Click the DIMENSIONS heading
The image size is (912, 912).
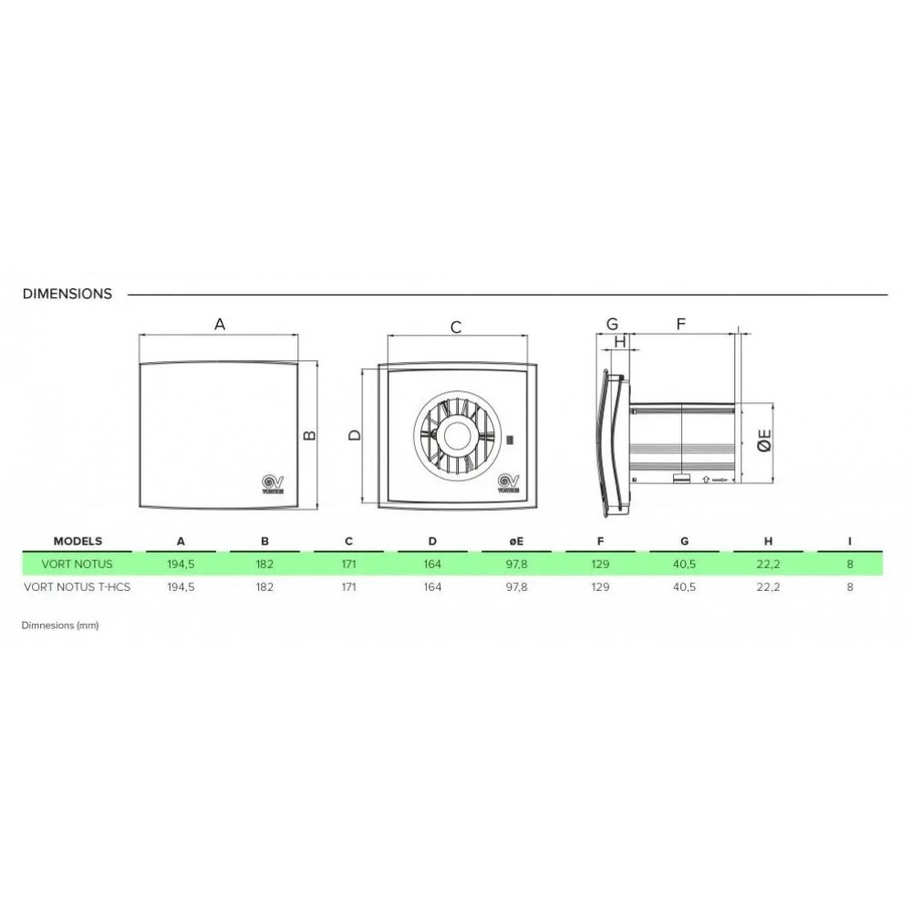tap(67, 294)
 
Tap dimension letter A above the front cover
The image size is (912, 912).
tap(219, 324)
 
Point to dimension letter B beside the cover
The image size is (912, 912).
tap(309, 435)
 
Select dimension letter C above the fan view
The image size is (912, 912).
tap(456, 327)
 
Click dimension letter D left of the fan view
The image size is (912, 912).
tap(354, 435)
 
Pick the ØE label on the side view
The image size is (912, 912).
tap(764, 440)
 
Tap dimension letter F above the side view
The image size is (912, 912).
tap(681, 324)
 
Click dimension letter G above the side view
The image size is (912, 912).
tap(612, 324)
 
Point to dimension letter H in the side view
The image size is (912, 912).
tap(620, 341)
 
